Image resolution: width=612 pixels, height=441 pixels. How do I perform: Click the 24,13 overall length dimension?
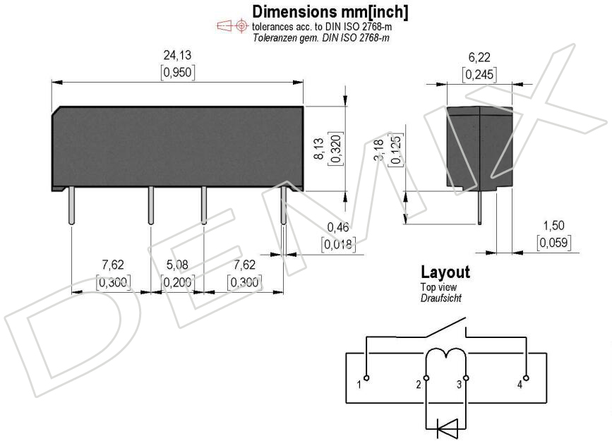coord(177,55)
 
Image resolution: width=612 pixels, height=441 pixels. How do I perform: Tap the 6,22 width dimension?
coord(479,57)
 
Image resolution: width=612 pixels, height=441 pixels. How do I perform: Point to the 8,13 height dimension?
coord(319,148)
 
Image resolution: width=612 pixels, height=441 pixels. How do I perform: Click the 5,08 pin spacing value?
coord(177,265)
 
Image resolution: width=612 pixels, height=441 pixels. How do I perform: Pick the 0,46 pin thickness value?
coord(338,226)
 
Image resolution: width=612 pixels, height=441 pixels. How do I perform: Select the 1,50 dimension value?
coord(553,225)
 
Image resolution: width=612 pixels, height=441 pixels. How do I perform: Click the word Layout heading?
coord(445,272)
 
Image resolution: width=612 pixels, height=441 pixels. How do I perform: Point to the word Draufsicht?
coord(440,298)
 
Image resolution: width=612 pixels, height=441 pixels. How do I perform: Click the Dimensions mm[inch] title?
coord(330,12)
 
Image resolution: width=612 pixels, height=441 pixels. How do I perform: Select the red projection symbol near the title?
coord(233,26)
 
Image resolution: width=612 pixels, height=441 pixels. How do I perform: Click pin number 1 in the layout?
coord(359,385)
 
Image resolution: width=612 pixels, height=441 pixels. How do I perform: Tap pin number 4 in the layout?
coord(520,385)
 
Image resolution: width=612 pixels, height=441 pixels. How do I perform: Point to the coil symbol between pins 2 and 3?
coord(445,354)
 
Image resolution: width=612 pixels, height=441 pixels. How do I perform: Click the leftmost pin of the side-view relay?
coord(71,205)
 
